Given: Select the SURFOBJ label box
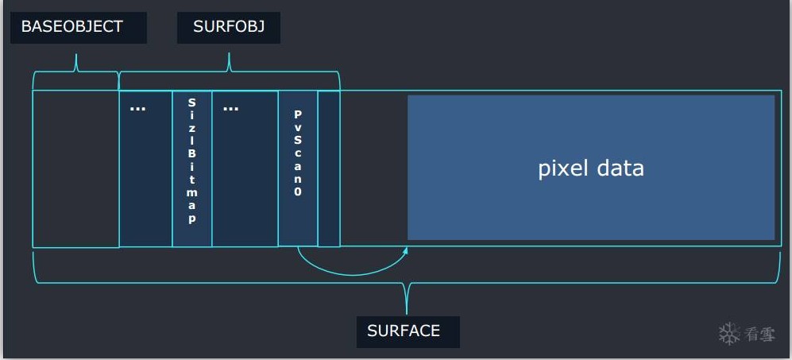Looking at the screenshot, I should click(229, 26).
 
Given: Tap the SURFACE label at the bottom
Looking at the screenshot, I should click(404, 331).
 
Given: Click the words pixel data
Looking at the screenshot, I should click(591, 168).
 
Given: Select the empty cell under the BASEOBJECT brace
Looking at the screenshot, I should click(75, 168).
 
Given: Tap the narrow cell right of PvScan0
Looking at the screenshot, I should click(329, 168).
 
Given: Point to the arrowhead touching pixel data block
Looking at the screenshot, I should click(405, 250).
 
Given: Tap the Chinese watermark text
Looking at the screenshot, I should click(760, 335).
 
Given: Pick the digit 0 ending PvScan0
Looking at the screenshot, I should click(298, 192).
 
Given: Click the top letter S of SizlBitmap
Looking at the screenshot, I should click(191, 103).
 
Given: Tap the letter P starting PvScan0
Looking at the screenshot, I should click(298, 114).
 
